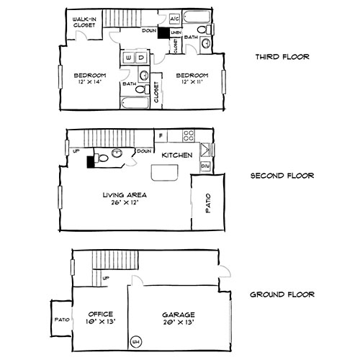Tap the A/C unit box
(174, 19)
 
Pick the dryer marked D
(141, 57)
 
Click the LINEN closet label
(176, 32)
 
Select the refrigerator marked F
(161, 135)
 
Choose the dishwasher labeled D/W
(204, 166)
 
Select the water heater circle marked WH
(135, 341)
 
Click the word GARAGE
(174, 314)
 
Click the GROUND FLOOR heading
(282, 294)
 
